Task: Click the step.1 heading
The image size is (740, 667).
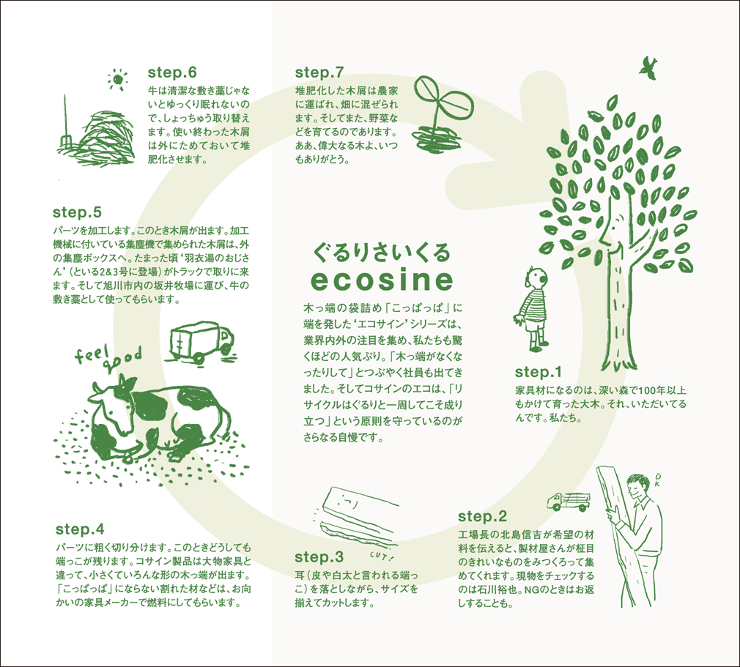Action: pyautogui.click(x=538, y=372)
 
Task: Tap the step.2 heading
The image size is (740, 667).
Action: pyautogui.click(x=482, y=516)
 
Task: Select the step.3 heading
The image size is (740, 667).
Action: pyautogui.click(x=319, y=557)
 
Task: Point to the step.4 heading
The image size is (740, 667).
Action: pyautogui.click(x=80, y=529)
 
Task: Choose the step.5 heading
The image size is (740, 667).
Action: pyautogui.click(x=77, y=212)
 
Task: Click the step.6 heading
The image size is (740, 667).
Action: pyautogui.click(x=171, y=72)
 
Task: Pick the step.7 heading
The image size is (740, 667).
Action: pyautogui.click(x=319, y=72)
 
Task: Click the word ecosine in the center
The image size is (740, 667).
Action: pyautogui.click(x=382, y=280)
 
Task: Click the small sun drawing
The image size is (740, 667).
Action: pyautogui.click(x=118, y=79)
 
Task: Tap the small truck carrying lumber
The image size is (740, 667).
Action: pyautogui.click(x=569, y=501)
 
